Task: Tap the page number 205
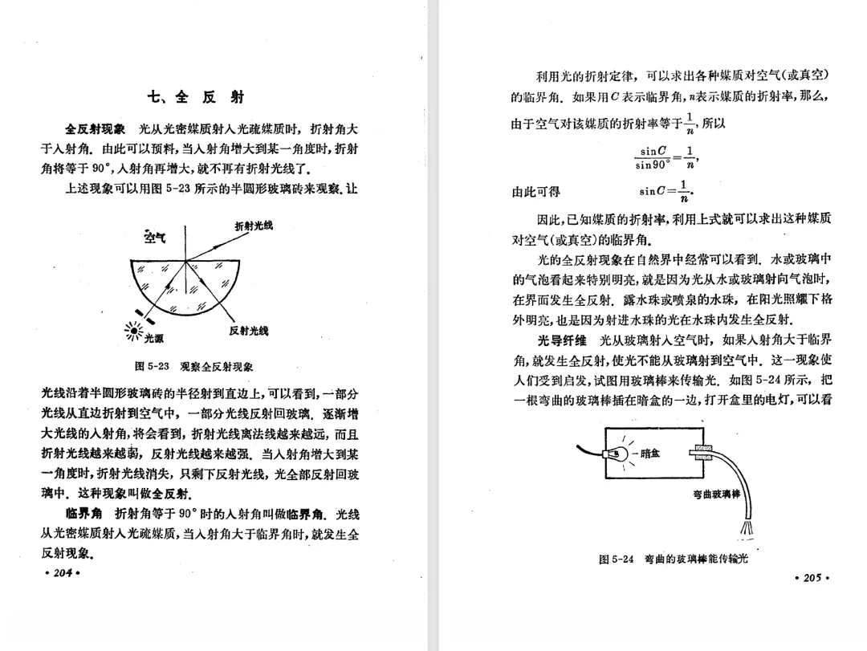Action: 810,577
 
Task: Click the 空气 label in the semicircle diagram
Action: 155,237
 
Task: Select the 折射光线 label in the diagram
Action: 253,226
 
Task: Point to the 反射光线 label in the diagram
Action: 248,331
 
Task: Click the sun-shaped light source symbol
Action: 132,330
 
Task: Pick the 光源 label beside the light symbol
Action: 153,338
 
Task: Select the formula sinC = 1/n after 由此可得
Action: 666,193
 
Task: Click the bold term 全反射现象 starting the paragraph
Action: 95,128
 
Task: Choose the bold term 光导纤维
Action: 564,339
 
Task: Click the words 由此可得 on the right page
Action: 536,192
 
